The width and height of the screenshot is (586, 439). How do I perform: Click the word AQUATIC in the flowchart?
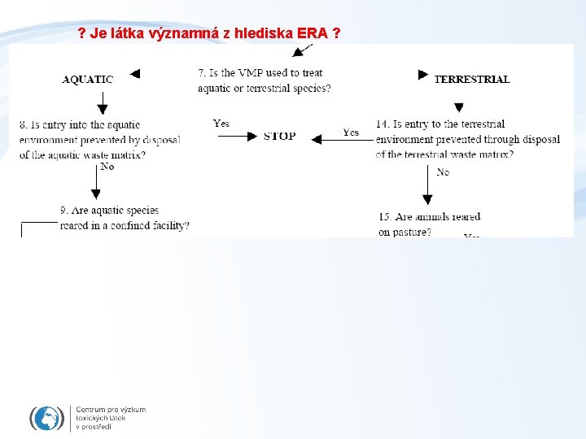pyautogui.click(x=87, y=79)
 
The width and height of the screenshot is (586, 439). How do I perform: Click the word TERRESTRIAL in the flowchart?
pyautogui.click(x=472, y=79)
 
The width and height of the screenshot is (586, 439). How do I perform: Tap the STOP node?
pyautogui.click(x=280, y=137)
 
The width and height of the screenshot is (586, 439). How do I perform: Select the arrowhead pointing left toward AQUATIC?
pyautogui.click(x=135, y=74)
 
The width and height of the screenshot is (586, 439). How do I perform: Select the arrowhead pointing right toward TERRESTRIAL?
pyautogui.click(x=423, y=75)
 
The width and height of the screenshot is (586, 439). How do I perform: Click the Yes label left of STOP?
pyautogui.click(x=221, y=124)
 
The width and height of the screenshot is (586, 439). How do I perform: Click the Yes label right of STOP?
pyautogui.click(x=351, y=132)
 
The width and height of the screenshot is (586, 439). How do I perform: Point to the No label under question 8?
pyautogui.click(x=107, y=167)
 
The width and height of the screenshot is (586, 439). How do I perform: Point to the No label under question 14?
pyautogui.click(x=443, y=172)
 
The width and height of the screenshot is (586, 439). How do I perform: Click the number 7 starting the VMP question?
pyautogui.click(x=201, y=73)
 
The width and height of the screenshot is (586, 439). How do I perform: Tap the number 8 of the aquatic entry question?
pyautogui.click(x=23, y=124)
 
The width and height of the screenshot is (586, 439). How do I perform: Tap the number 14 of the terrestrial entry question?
pyautogui.click(x=382, y=124)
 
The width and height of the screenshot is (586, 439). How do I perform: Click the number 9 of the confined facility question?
pyautogui.click(x=63, y=211)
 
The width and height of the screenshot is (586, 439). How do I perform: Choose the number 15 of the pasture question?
pyautogui.click(x=384, y=217)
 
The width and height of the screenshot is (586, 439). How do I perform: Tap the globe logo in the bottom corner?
pyautogui.click(x=47, y=418)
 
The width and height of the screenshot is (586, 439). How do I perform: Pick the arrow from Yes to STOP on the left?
pyautogui.click(x=236, y=137)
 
